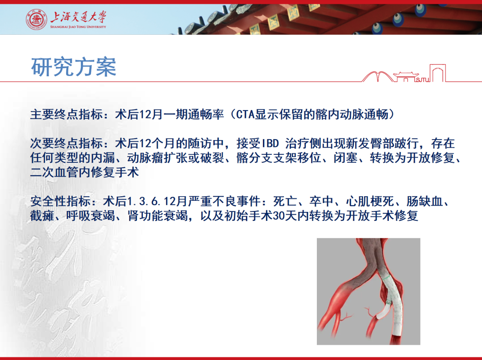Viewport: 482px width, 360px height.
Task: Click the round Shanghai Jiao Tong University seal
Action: [x=36, y=20]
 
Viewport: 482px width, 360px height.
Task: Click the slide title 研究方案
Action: [x=74, y=66]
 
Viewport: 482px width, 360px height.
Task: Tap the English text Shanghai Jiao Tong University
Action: [x=78, y=27]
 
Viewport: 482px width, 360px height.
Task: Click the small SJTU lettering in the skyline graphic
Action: [x=423, y=79]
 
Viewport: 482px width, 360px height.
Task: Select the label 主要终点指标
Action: [x=66, y=115]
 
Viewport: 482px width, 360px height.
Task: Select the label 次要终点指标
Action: [x=66, y=143]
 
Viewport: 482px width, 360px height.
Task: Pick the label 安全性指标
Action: [x=60, y=202]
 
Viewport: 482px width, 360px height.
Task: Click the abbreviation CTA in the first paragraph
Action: [x=245, y=115]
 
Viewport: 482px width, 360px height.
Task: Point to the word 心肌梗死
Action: [x=370, y=202]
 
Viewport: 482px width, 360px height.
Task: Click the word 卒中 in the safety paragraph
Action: [x=321, y=202]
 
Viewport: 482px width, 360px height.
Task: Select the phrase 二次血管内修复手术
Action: [x=84, y=172]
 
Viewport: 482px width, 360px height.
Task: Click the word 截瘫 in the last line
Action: [x=42, y=216]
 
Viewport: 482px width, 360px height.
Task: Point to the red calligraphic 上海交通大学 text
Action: [x=78, y=17]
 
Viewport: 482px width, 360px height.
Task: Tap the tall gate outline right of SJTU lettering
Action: [x=438, y=73]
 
